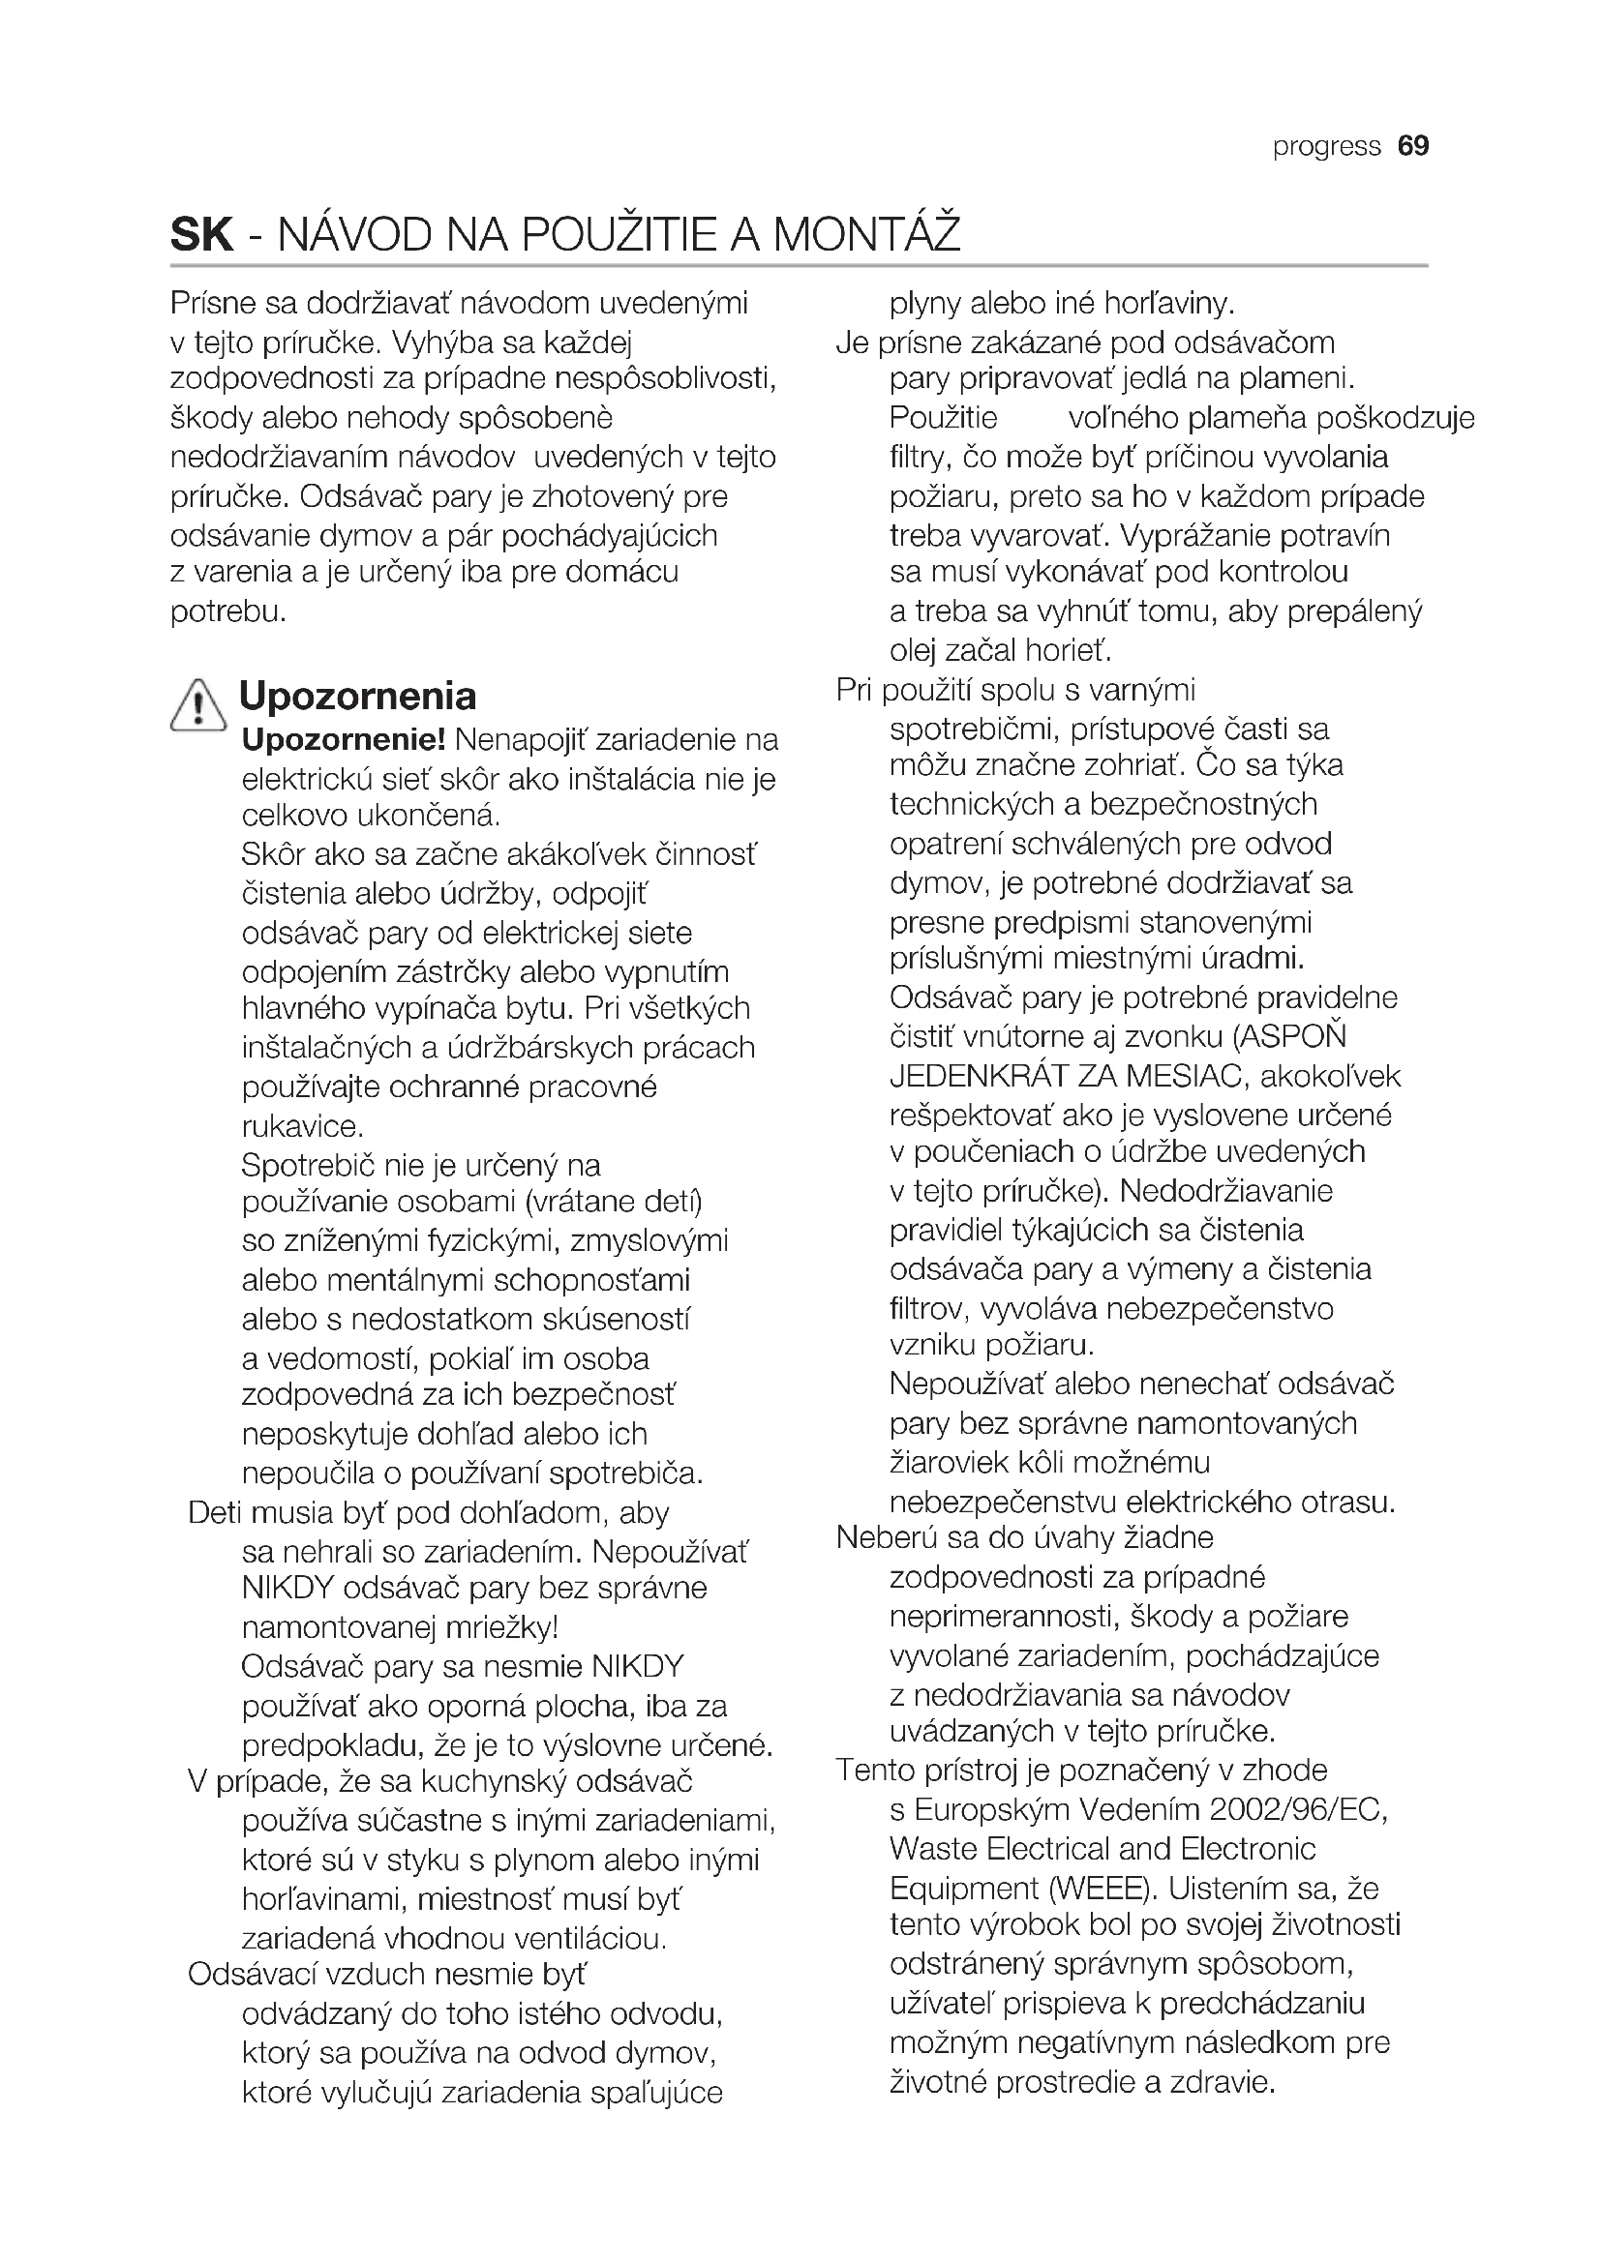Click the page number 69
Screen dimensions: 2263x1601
[1412, 146]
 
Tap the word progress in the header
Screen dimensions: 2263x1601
[1326, 147]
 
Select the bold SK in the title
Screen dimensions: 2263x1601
[202, 234]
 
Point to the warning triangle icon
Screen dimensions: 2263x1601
[198, 703]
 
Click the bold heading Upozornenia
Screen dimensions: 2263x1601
[358, 696]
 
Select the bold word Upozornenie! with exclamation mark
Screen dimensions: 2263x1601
[344, 738]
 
